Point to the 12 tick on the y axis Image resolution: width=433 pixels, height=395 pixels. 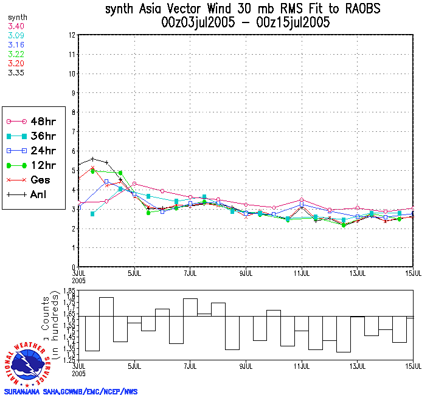72,35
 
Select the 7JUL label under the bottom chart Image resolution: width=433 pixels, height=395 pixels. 190,367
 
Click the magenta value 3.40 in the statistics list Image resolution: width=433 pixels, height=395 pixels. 16,26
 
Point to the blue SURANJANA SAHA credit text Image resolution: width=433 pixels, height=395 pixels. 71,391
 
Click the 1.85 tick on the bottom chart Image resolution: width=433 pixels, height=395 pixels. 70,293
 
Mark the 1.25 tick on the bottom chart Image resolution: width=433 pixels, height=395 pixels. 70,360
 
